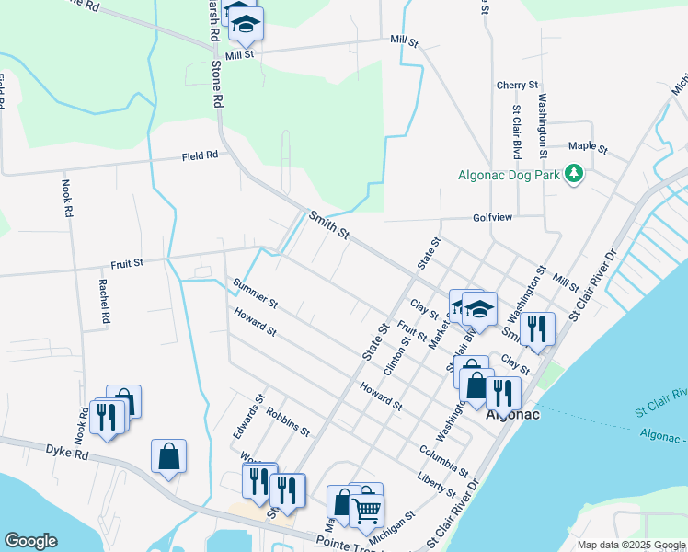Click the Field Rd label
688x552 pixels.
tap(200, 155)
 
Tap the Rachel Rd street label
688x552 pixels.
tap(105, 301)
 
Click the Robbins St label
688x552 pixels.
tap(288, 419)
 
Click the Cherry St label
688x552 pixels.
tap(516, 85)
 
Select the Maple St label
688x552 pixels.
tap(588, 147)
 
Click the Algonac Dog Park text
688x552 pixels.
tap(510, 174)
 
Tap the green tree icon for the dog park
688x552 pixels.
tap(575, 173)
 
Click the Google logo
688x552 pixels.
tap(30, 541)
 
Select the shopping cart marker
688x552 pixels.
tap(366, 510)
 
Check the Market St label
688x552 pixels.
tap(441, 330)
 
